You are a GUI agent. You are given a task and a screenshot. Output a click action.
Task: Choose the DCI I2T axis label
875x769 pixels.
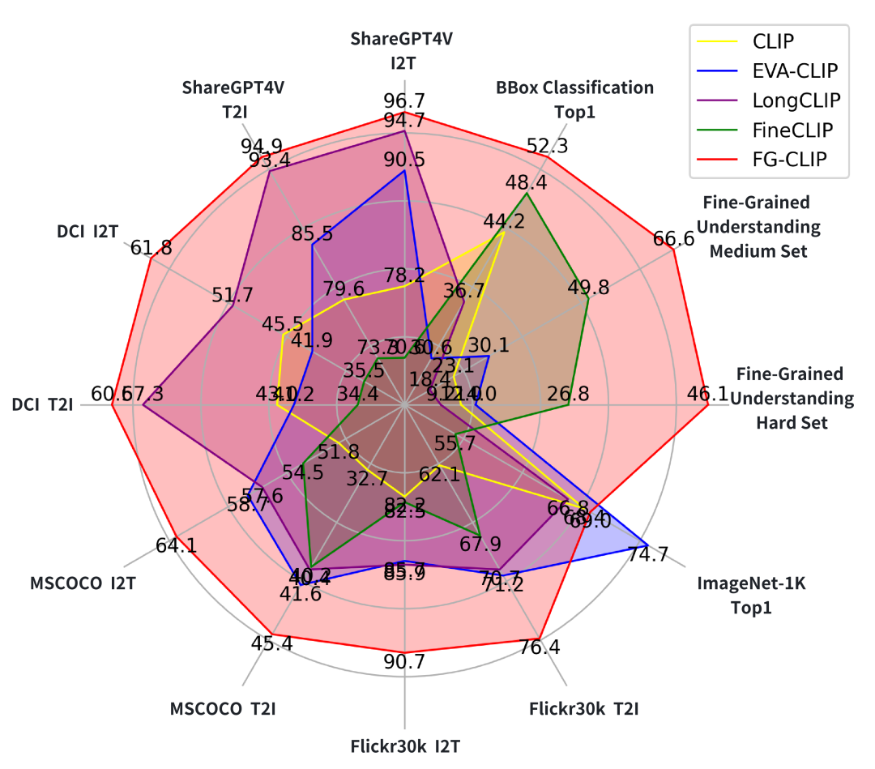87,232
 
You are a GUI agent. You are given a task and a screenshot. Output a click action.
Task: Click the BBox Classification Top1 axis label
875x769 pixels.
575,99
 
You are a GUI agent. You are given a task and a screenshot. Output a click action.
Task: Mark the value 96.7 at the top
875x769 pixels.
405,101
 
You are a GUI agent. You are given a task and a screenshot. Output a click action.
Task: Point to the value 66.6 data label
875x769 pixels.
674,238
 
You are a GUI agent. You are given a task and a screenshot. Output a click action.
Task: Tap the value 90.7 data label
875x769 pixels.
404,662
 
